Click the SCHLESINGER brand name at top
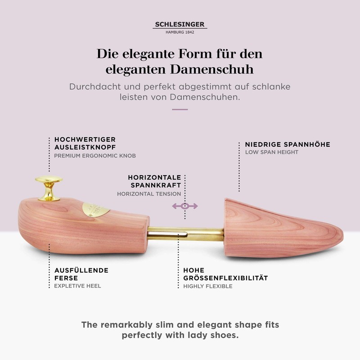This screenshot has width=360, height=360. pyautogui.click(x=180, y=25)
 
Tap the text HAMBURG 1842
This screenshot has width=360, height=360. pyautogui.click(x=180, y=32)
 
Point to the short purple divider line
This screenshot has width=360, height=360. pyautogui.click(x=180, y=109)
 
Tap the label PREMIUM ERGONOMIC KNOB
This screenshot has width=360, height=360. pyautogui.click(x=94, y=156)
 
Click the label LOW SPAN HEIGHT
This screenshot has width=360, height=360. pyautogui.click(x=271, y=152)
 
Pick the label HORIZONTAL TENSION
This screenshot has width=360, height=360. pyautogui.click(x=149, y=194)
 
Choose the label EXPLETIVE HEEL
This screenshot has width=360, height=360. pyautogui.click(x=77, y=286)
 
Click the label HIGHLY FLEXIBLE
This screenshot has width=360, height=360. pyautogui.click(x=208, y=286)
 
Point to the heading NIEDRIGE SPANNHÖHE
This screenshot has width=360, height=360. pyautogui.click(x=288, y=144)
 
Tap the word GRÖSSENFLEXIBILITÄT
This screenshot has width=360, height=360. pyautogui.click(x=225, y=278)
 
